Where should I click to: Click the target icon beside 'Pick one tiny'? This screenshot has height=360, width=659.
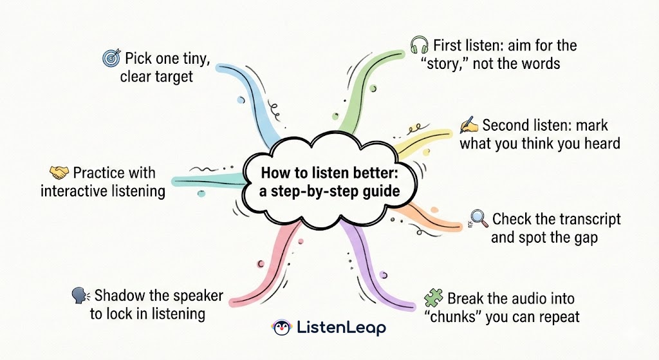point(111,59)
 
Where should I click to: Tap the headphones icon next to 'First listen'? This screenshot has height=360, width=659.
point(420,45)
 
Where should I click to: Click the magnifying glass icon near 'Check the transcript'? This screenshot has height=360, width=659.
point(479,219)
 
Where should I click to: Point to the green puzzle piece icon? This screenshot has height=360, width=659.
point(434,298)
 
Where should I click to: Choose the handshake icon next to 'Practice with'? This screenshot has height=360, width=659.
point(59,173)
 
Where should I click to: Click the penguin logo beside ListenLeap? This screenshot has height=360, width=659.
point(281,327)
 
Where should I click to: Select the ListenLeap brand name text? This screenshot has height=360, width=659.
point(341,327)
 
